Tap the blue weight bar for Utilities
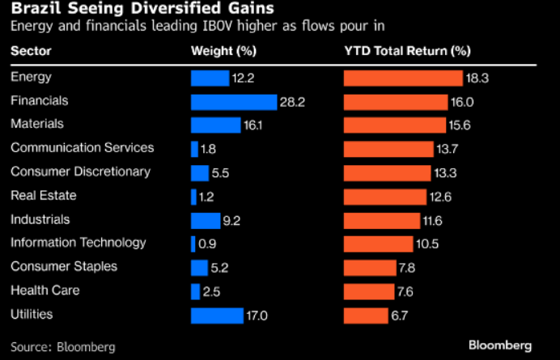217,316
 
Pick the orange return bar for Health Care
368,291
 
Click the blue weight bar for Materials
215,125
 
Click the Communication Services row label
82,148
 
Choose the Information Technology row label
78,243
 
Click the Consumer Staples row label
63,266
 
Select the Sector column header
30,52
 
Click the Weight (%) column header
223,52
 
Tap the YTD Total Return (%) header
407,52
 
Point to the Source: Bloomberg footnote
63,346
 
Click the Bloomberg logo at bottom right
499,345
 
